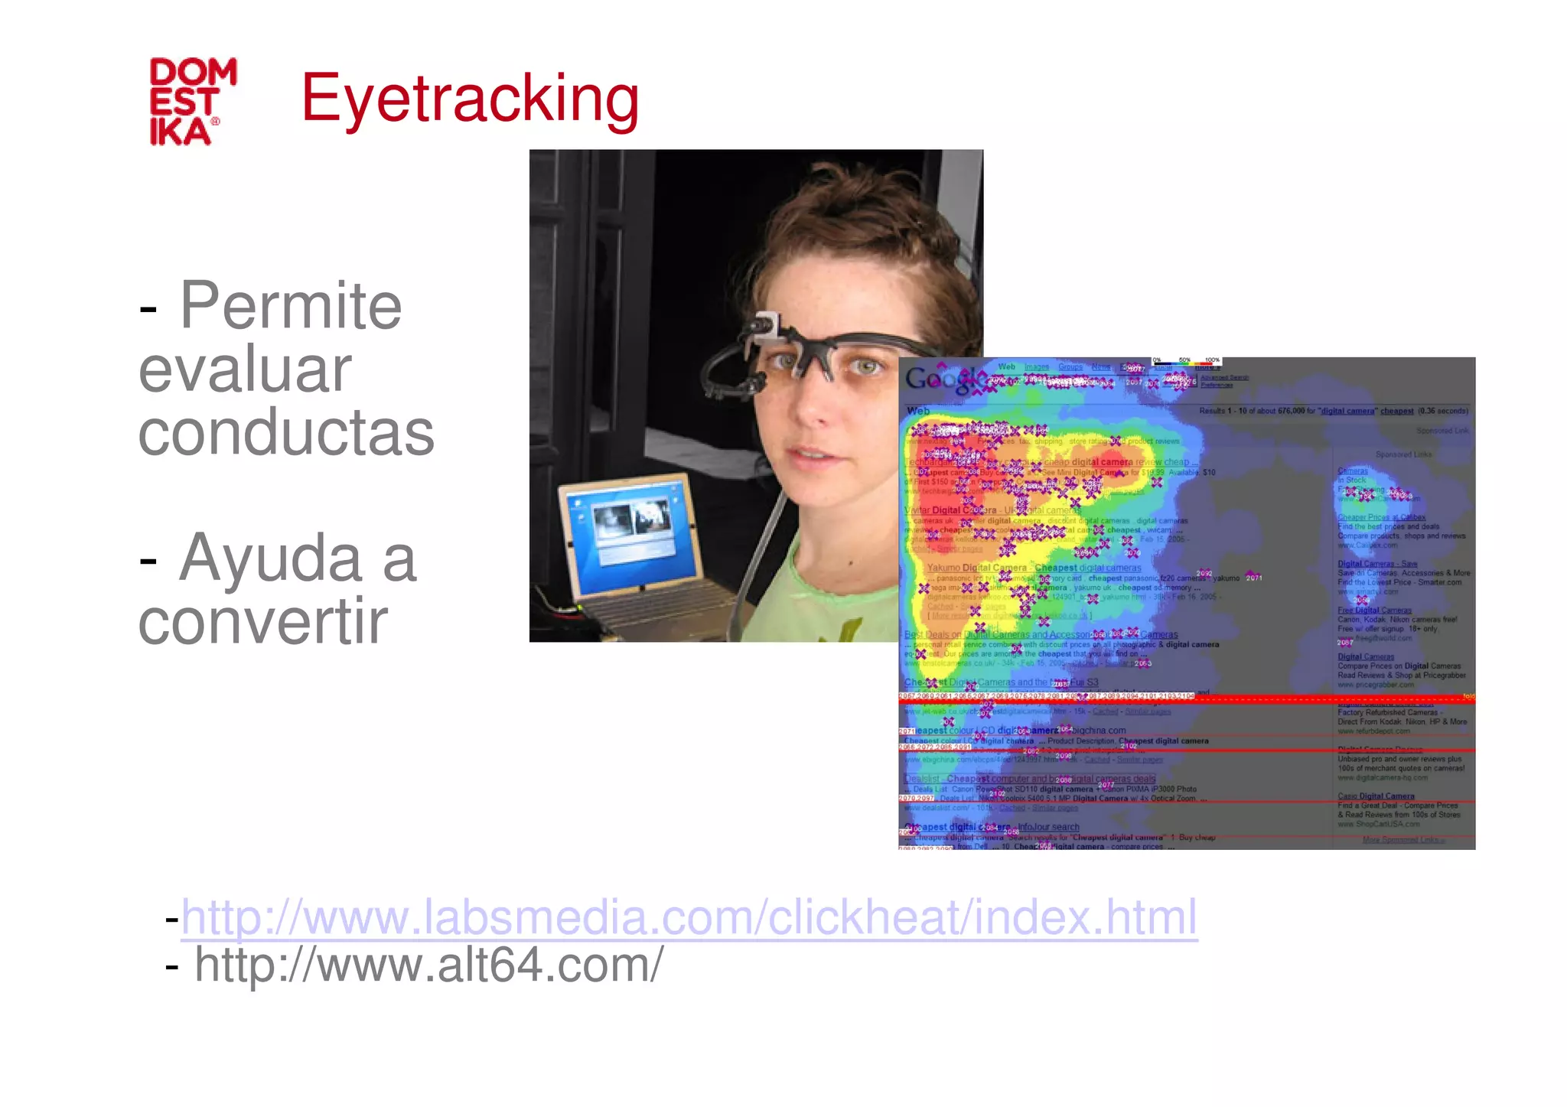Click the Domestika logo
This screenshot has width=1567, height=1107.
pyautogui.click(x=193, y=101)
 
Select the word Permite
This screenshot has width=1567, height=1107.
pyautogui.click(x=290, y=305)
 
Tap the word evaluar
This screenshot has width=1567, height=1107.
pyautogui.click(x=245, y=370)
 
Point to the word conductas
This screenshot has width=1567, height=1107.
pyautogui.click(x=286, y=433)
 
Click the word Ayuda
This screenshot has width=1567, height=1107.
pyautogui.click(x=298, y=558)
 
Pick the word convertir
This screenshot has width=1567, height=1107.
pyautogui.click(x=262, y=621)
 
